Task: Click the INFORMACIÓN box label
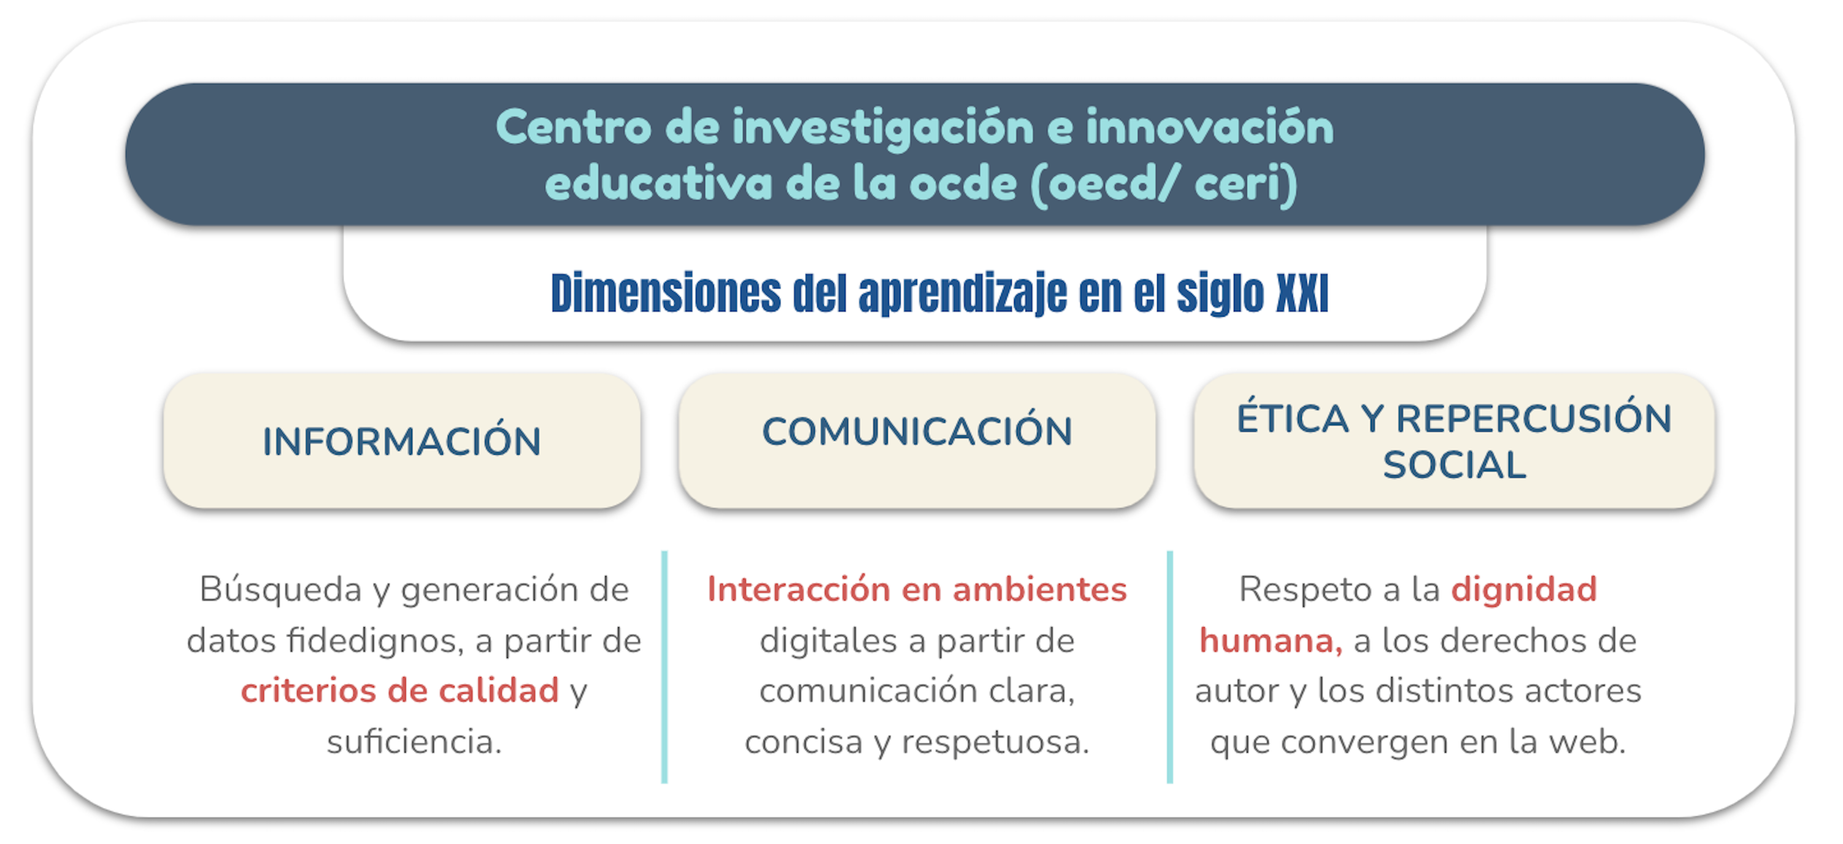pos(401,440)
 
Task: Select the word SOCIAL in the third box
pos(1455,465)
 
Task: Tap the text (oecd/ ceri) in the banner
pos(1164,185)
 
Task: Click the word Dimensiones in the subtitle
pos(666,293)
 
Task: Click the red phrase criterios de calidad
pos(399,691)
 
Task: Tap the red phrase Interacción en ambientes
pos(917,589)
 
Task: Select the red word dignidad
pos(1524,589)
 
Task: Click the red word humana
pos(1271,641)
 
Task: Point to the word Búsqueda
pos(281,590)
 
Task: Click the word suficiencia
pos(414,741)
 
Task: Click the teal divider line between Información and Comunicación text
pos(664,667)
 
